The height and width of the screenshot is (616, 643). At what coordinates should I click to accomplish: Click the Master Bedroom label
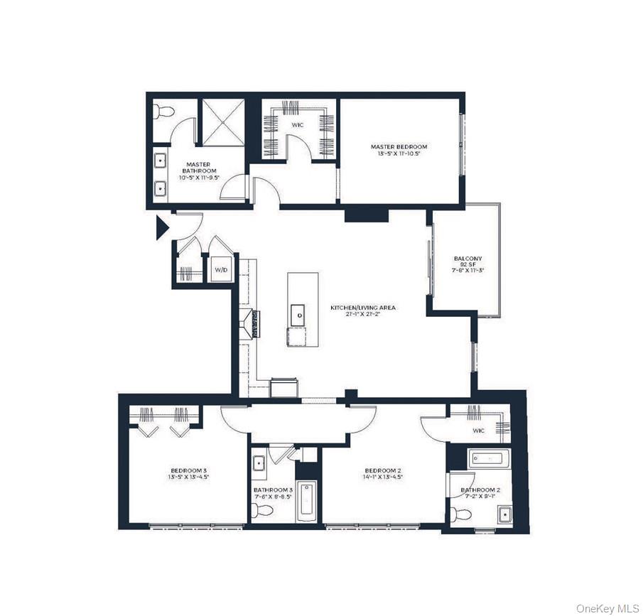(399, 147)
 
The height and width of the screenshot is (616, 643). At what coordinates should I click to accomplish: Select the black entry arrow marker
(162, 227)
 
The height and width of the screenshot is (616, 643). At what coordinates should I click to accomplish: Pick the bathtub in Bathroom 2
(488, 459)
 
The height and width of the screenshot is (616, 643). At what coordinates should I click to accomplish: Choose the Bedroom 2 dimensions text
(384, 477)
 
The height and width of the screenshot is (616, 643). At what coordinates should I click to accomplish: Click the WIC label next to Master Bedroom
(298, 124)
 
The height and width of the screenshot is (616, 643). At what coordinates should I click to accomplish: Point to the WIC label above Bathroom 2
(478, 430)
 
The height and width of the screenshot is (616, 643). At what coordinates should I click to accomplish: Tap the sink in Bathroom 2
(504, 514)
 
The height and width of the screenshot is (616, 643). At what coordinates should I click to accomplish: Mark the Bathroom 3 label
(273, 490)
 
